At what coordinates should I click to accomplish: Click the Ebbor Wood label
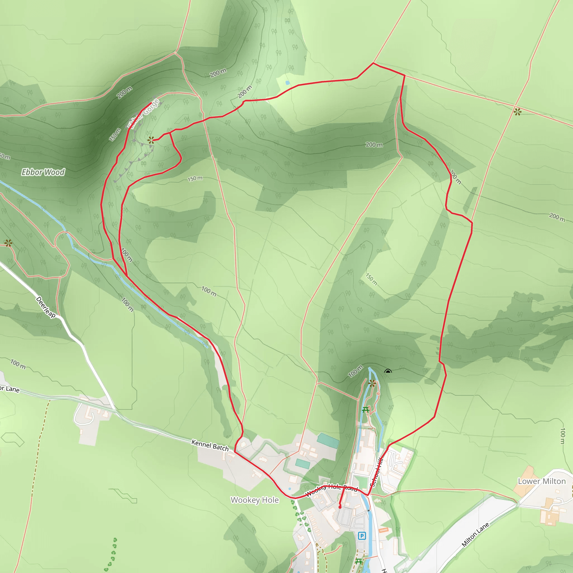[x=43, y=172]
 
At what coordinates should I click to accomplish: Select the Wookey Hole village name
[x=255, y=500]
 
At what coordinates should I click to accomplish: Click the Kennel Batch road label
[x=210, y=445]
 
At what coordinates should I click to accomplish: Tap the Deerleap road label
[x=46, y=307]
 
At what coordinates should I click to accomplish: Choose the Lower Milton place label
[x=542, y=481]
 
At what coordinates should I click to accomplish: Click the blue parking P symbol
[x=362, y=536]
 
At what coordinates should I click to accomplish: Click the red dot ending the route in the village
[x=340, y=507]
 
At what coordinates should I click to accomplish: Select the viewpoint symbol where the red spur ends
[x=151, y=140]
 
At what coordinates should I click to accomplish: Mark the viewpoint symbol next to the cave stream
[x=372, y=384]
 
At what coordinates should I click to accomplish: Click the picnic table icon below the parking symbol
[x=359, y=561]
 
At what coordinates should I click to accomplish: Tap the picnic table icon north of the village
[x=365, y=410]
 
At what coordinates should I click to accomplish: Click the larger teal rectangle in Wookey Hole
[x=328, y=441]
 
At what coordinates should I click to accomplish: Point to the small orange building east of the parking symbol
[x=384, y=530]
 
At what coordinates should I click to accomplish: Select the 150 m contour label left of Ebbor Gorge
[x=115, y=134]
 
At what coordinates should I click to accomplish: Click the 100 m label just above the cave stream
[x=355, y=371]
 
